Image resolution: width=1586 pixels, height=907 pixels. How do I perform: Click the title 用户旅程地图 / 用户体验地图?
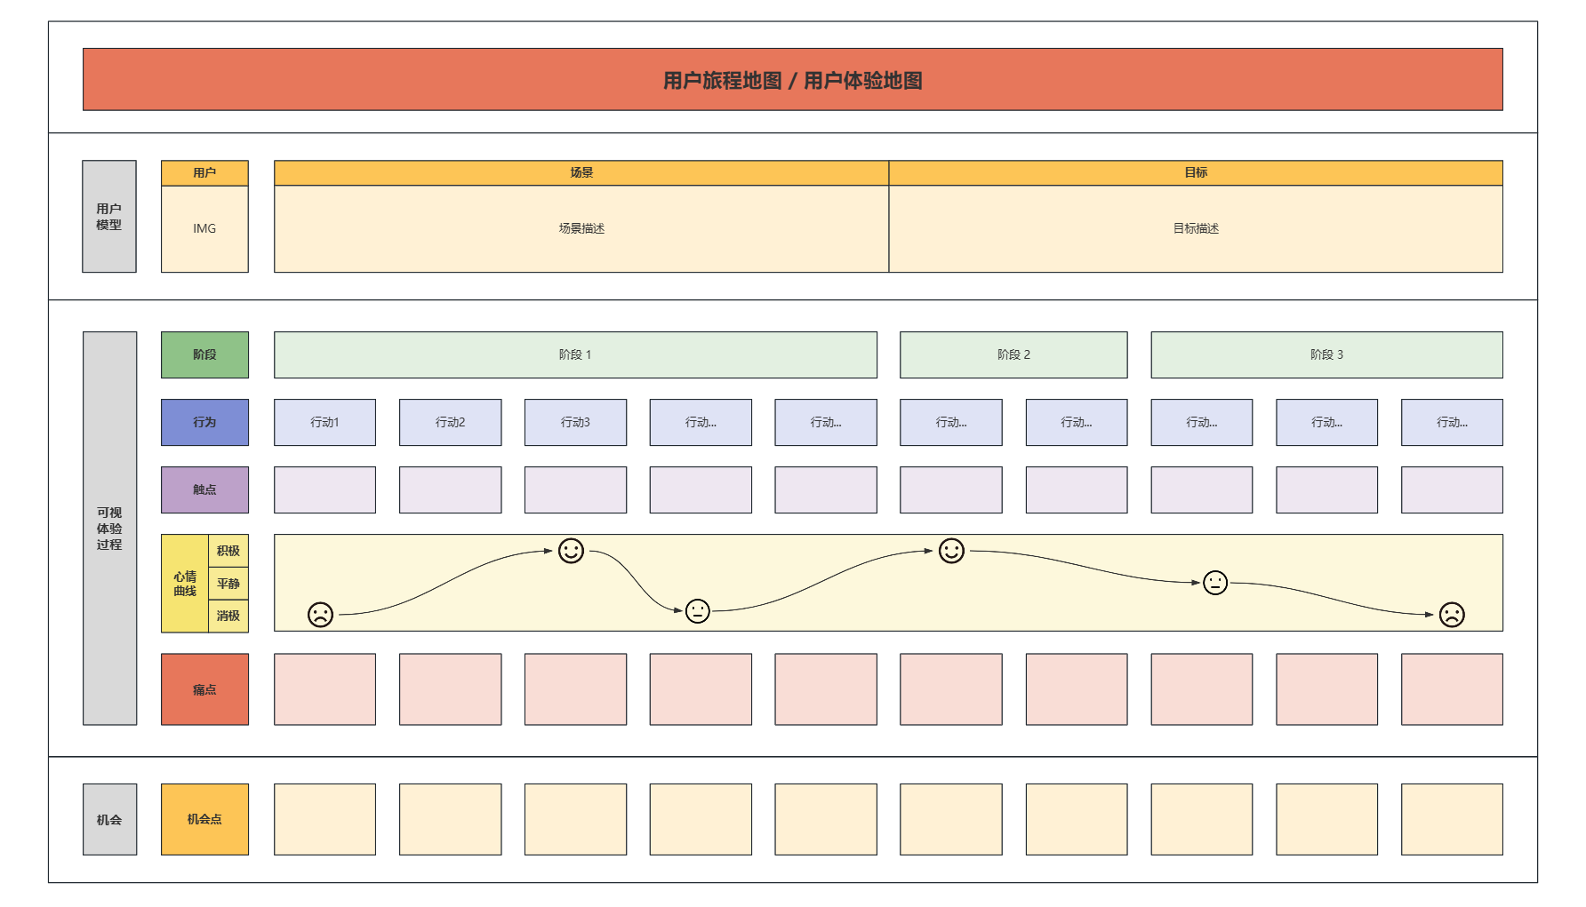[x=792, y=80]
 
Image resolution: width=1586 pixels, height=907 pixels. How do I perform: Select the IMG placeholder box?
[x=204, y=228]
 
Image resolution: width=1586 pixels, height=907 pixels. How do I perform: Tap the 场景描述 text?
[x=581, y=228]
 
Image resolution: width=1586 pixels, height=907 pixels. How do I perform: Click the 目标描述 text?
[x=1196, y=228]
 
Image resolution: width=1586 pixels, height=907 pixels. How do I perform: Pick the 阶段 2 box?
[x=1013, y=354]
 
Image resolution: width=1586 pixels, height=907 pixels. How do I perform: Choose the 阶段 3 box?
[x=1326, y=354]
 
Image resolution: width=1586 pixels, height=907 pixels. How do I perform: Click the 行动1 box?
[x=324, y=422]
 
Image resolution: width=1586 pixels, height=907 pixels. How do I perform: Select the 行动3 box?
[x=575, y=422]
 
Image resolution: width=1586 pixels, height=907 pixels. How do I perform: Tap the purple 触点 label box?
[x=204, y=489]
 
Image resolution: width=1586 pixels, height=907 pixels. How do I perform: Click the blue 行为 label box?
[x=204, y=422]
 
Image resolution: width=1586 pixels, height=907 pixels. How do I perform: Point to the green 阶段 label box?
[x=204, y=354]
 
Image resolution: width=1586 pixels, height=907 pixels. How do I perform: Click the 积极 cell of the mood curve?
[x=228, y=551]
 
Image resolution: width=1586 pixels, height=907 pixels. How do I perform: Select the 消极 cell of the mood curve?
[x=228, y=616]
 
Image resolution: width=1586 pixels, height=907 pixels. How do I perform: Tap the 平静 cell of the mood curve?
[x=228, y=584]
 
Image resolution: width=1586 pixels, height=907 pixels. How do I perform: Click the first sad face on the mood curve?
[x=320, y=614]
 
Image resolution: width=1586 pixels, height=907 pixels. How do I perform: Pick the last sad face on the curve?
[x=1452, y=614]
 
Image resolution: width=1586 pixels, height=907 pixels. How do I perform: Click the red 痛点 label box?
[x=204, y=689]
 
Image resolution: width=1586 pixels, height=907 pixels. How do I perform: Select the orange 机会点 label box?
[x=204, y=819]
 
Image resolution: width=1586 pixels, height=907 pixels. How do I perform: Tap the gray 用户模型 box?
[x=109, y=217]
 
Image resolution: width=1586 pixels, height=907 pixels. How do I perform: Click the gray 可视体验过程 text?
[x=109, y=529]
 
